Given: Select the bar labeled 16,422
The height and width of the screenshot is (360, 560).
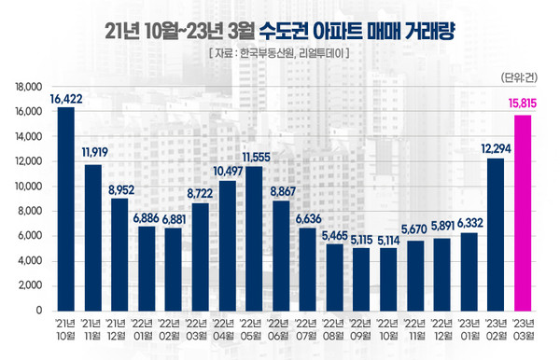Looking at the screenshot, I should tap(65, 208).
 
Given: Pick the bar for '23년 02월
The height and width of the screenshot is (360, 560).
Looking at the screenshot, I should tap(495, 233).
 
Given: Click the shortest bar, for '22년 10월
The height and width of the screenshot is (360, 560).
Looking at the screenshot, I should tap(387, 278).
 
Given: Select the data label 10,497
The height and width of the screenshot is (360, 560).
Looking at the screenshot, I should tap(226, 171).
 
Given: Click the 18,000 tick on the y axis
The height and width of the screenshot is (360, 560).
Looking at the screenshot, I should tap(31, 87).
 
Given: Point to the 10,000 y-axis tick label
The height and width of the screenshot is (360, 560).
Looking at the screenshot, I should tap(31, 187).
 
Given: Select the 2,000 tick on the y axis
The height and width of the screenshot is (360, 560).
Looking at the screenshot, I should tap(33, 285).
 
